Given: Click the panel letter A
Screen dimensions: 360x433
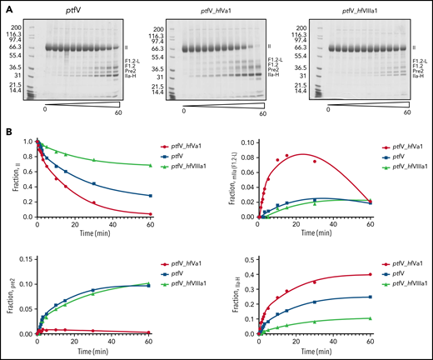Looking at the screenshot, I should tap(6, 5).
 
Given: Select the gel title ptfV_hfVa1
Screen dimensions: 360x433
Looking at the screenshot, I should tap(216, 8).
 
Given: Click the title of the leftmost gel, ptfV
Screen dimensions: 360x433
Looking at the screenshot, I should tap(77, 8).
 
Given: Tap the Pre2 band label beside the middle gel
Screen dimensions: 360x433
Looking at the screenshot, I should tap(273, 72).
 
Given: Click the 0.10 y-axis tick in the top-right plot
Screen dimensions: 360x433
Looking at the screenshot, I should tap(241, 143).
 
